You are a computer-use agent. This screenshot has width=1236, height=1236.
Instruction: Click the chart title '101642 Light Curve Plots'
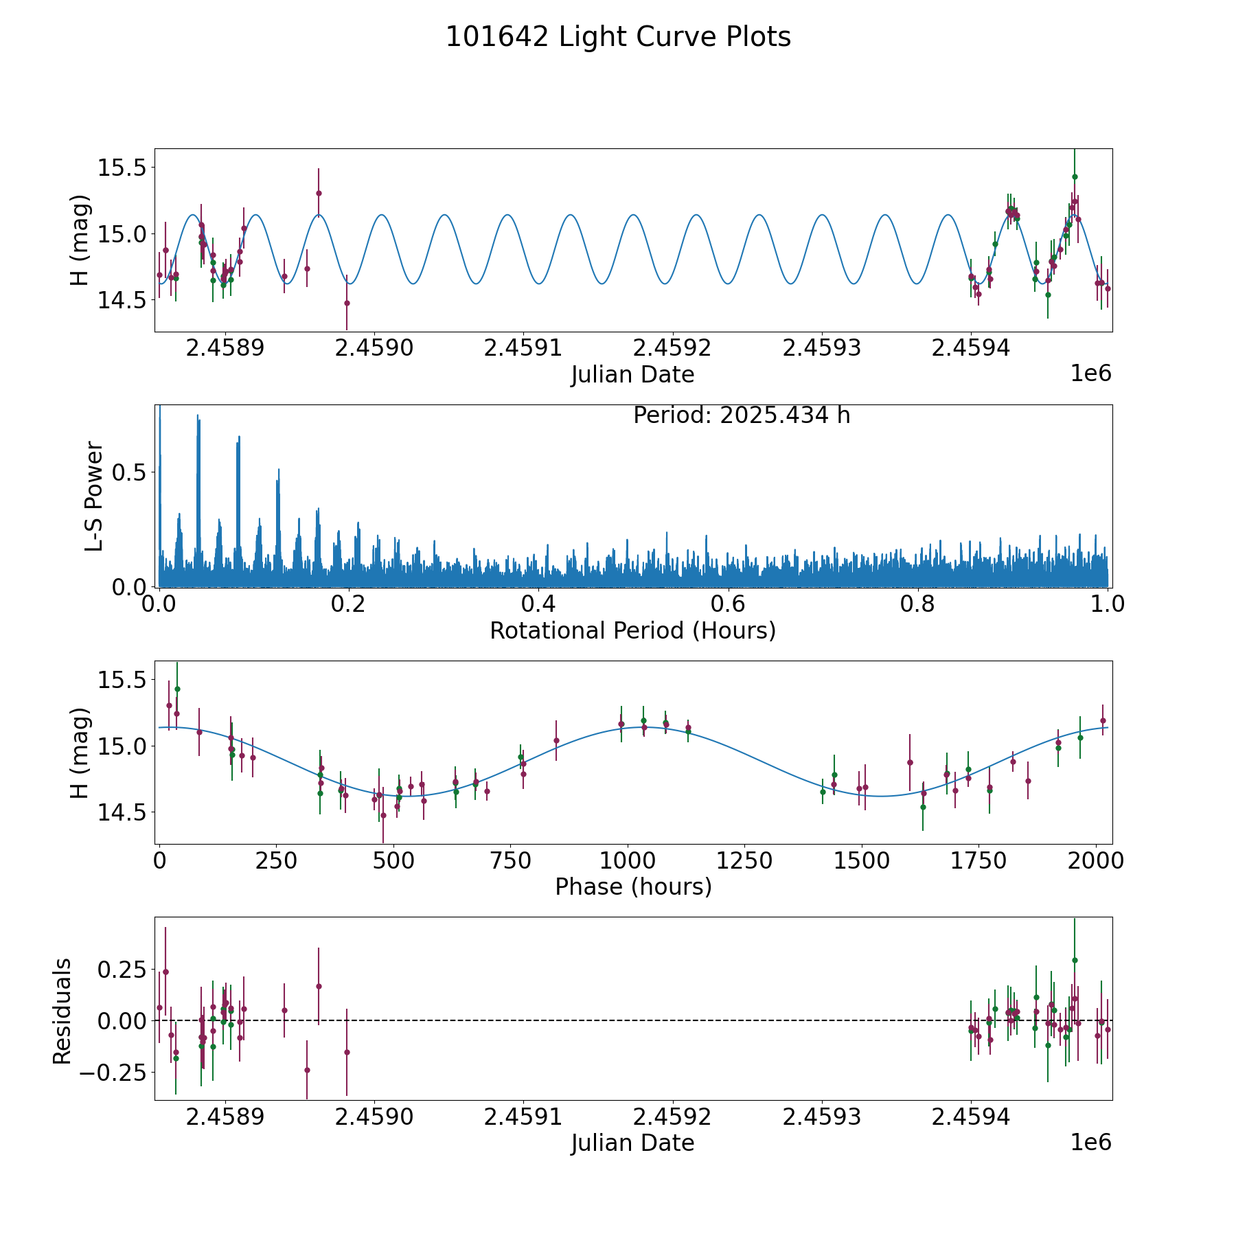618,37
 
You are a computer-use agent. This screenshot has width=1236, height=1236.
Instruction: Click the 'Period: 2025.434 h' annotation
742,415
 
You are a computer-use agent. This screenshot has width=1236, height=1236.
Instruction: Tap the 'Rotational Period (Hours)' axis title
632,630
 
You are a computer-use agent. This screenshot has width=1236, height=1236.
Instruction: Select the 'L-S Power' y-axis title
95,496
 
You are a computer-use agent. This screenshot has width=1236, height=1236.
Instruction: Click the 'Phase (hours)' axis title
633,886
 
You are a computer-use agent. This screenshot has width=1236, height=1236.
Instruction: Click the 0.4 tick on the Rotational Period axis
538,604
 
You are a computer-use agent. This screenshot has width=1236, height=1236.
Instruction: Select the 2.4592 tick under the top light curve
672,348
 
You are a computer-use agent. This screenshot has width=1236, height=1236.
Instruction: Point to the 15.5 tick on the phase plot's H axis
121,680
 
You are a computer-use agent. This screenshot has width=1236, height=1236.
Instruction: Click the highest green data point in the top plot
1075,176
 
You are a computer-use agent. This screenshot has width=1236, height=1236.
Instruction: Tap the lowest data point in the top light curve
347,303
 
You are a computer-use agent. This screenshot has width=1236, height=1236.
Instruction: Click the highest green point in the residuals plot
1075,960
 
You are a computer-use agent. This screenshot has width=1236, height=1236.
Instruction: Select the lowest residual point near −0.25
307,1070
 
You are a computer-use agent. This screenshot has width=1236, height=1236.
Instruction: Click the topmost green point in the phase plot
177,689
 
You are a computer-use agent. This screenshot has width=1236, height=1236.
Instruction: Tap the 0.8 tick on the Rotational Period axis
918,604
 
